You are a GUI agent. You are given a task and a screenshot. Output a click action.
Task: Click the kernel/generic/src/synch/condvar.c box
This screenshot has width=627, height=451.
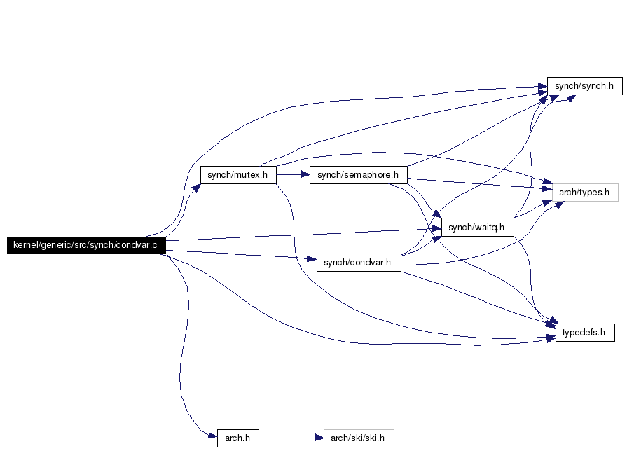[x=86, y=244]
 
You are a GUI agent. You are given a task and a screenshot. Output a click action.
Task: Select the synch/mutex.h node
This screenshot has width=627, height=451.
[x=238, y=175]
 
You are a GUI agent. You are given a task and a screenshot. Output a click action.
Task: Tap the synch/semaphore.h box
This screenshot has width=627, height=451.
[x=358, y=175]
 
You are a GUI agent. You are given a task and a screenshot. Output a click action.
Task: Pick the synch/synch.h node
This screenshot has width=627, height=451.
[x=584, y=86]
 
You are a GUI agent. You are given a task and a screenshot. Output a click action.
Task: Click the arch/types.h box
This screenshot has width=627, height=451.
[x=585, y=193]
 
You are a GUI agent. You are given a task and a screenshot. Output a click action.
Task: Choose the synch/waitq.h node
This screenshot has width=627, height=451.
[x=478, y=227]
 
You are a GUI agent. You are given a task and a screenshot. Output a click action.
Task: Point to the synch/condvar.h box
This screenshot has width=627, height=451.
[x=358, y=263]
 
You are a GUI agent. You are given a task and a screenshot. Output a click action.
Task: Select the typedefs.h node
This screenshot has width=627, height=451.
[x=585, y=332]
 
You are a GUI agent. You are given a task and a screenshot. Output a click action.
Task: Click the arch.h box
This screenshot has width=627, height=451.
[x=238, y=438]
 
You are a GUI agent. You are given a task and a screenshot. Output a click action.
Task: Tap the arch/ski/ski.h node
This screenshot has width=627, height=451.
[x=359, y=438]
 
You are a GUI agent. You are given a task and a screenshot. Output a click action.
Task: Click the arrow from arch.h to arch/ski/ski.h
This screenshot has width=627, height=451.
[x=291, y=438]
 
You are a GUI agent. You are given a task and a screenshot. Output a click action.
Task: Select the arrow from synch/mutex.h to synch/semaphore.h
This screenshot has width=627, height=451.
[x=293, y=174]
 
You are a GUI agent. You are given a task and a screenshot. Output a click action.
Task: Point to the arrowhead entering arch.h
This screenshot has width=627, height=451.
[x=213, y=436]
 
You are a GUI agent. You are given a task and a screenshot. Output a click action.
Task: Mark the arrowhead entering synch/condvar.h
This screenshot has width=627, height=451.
[x=312, y=259]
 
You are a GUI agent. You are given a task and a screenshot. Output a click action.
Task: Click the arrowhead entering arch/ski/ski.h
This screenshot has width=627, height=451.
[x=319, y=438]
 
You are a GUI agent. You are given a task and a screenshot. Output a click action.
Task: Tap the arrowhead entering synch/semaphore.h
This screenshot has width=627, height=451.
[x=305, y=174]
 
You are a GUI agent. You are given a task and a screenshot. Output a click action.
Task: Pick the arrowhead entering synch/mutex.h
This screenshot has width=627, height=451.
[x=196, y=188]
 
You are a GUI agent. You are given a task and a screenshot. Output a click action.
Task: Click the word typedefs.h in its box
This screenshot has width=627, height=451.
[x=584, y=332]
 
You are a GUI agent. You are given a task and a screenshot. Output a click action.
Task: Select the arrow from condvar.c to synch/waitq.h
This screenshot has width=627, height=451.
[x=303, y=235]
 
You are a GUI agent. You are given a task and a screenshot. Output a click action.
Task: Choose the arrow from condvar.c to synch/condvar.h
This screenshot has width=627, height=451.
[x=241, y=255]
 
